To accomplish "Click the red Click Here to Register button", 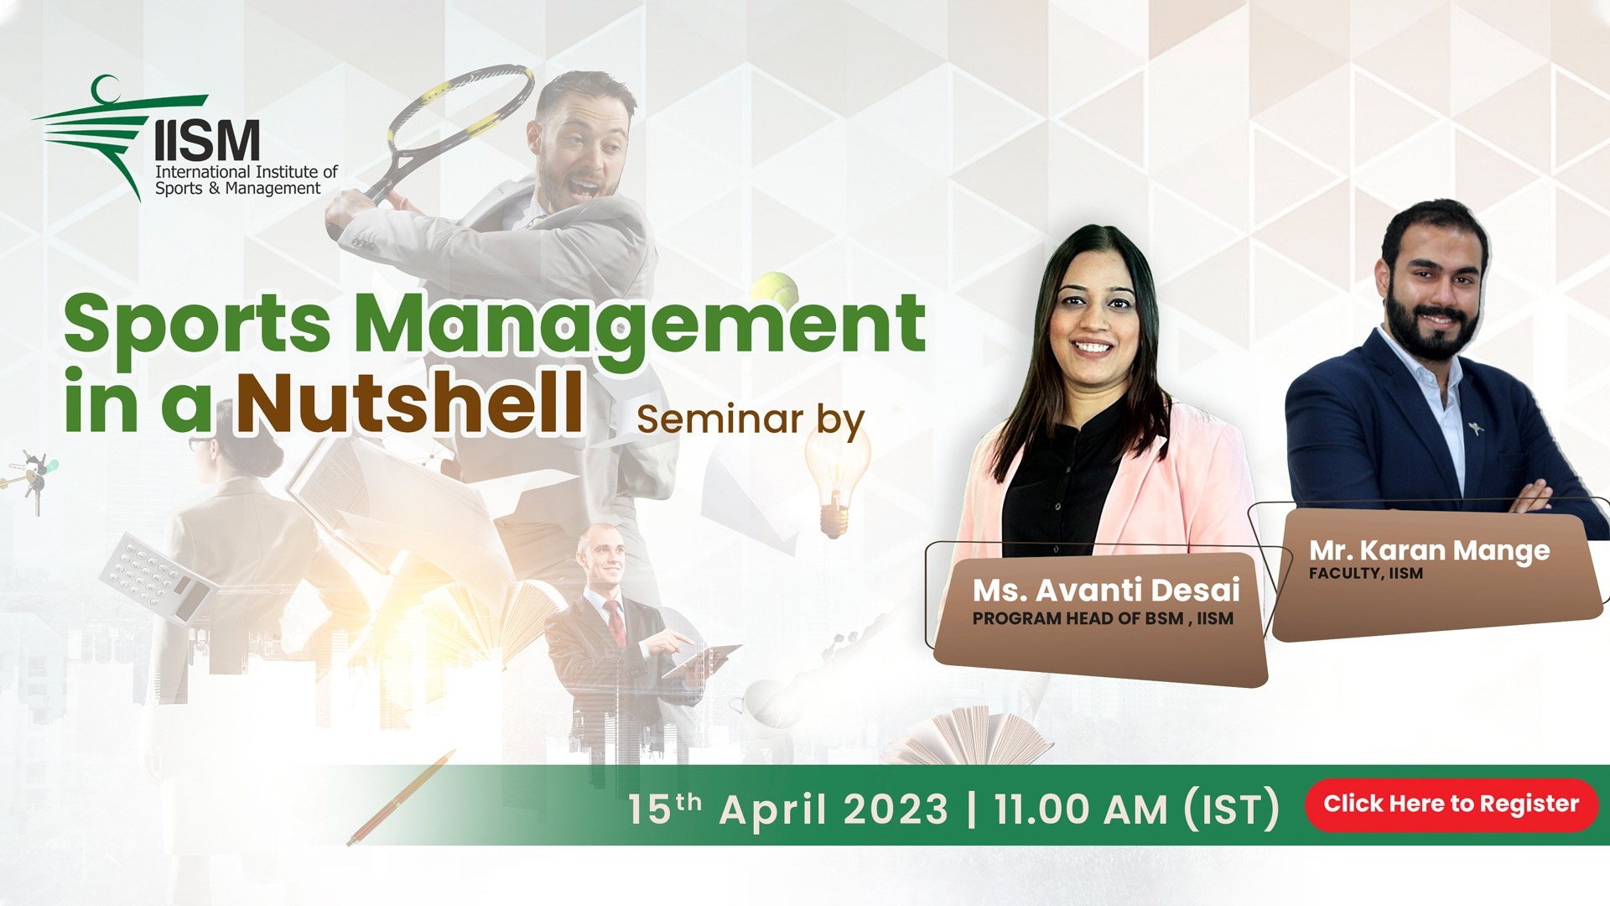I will point(1451,804).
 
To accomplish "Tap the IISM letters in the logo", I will point(207,140).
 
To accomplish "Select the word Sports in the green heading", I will point(198,325).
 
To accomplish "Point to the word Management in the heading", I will point(640,325).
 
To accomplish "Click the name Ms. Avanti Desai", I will point(1106,591).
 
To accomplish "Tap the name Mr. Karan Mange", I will point(1429,550).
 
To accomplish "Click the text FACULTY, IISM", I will point(1365,574).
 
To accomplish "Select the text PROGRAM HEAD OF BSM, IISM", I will point(1103,619).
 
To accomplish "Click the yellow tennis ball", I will point(775,288).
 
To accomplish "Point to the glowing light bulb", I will point(834,478).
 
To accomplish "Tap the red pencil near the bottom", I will point(401,798).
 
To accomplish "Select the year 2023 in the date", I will point(895,810).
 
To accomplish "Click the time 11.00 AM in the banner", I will point(1080,810).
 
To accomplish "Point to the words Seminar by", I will point(750,419).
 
